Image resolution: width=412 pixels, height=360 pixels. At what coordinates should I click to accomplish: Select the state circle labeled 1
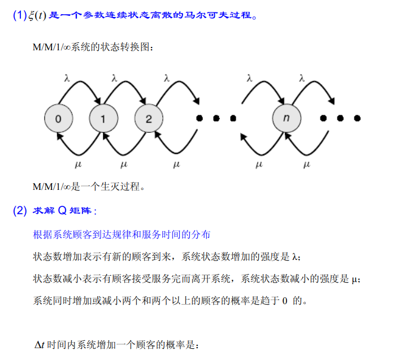coord(102,118)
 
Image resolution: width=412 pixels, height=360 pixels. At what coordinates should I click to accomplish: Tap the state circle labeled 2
coord(148,118)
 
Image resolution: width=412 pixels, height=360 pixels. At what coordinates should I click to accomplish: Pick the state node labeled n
coord(285,118)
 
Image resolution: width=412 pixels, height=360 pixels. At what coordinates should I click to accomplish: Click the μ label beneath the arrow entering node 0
coord(79,165)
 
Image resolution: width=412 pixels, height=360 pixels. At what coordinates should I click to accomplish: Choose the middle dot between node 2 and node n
coord(215,118)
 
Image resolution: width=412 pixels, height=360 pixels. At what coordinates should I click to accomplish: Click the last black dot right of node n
coord(357,118)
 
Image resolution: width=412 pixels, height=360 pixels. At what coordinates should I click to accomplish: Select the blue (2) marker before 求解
coord(20,211)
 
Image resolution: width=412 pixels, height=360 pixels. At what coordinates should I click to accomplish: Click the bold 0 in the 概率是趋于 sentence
coord(285,300)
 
